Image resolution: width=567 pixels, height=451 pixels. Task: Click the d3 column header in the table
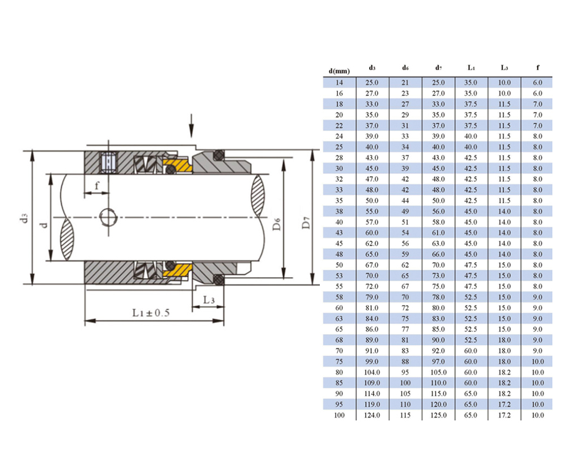point(372,67)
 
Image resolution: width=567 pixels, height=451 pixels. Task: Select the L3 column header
point(505,67)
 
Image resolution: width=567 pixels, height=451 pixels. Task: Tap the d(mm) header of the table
point(339,71)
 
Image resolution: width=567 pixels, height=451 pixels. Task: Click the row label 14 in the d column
point(339,82)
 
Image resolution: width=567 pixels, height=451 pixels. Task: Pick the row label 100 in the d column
point(339,415)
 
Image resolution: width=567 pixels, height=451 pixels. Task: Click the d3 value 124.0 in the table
point(372,415)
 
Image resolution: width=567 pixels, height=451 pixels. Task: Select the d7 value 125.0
point(438,415)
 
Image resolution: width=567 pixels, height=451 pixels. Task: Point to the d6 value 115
point(405,415)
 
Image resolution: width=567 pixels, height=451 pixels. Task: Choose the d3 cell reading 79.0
point(372,297)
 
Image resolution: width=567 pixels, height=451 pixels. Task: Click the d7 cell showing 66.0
point(438,254)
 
